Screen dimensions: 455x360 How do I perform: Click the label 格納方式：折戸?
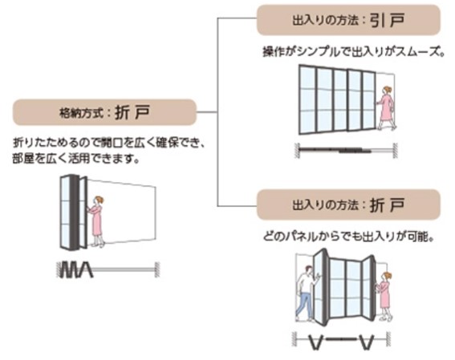[105, 112]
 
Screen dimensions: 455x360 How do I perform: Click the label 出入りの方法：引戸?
[348, 20]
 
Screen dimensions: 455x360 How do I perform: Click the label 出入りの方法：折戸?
[348, 205]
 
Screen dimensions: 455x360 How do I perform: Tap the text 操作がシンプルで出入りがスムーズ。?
[353, 52]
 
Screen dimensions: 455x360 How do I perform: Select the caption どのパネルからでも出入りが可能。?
[348, 237]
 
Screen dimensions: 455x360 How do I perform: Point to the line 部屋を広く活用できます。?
[75, 159]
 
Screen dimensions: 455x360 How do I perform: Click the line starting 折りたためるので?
[109, 144]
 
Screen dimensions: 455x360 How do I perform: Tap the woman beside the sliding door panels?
[386, 107]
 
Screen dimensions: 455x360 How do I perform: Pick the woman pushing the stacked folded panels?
[97, 221]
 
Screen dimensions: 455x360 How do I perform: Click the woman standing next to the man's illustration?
[384, 296]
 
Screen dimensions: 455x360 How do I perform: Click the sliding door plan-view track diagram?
[346, 151]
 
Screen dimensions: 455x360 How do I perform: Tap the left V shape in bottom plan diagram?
[315, 342]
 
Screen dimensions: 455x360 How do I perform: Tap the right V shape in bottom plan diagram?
[366, 342]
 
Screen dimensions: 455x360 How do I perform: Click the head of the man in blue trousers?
[309, 270]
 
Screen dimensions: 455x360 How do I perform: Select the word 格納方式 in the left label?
[81, 113]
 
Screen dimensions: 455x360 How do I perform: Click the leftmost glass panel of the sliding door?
[307, 100]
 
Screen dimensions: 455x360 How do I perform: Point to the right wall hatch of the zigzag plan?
[157, 270]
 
